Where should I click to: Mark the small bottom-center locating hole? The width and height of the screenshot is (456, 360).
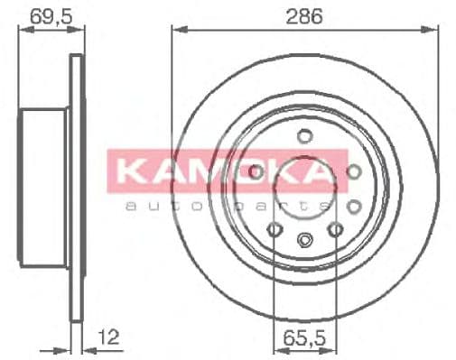[305, 240]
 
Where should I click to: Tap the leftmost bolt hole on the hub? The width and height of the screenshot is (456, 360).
[256, 171]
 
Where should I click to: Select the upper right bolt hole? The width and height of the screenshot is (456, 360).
[353, 171]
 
